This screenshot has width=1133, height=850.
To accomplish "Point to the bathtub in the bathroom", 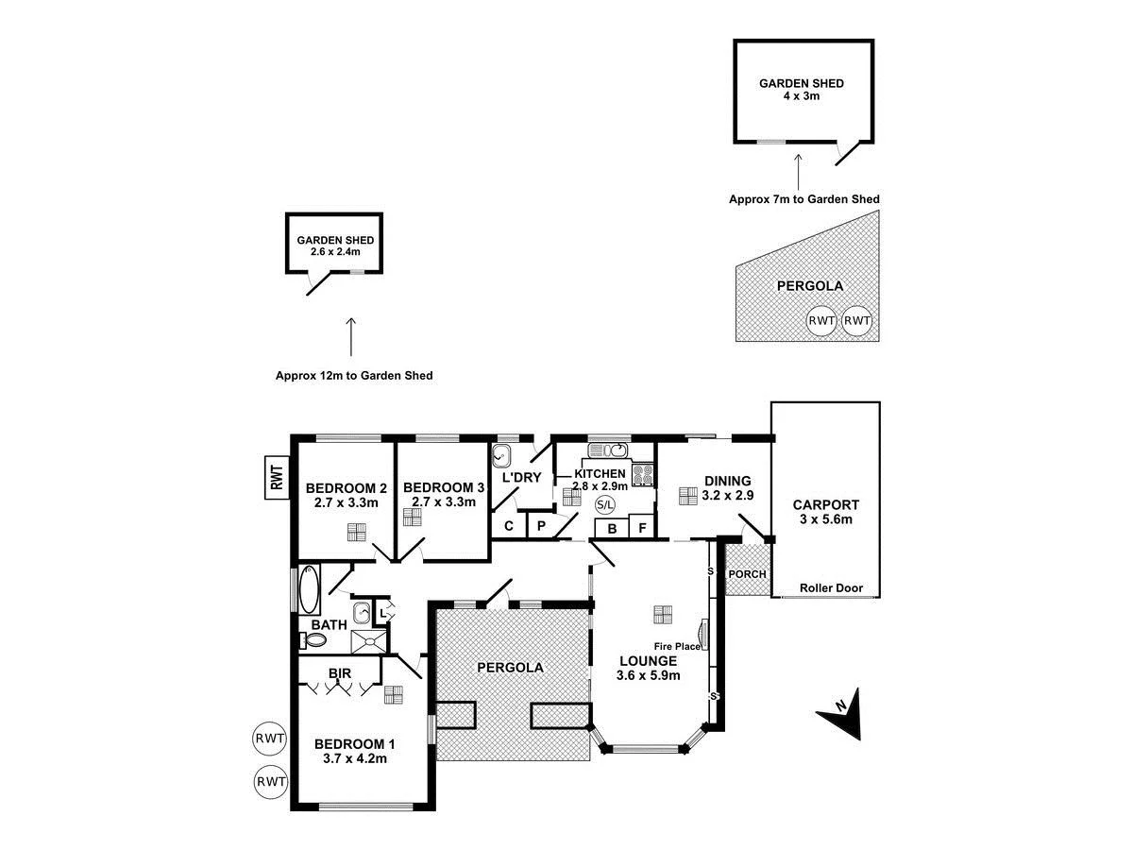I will (x=310, y=590).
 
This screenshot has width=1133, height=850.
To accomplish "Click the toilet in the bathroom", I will (x=314, y=640).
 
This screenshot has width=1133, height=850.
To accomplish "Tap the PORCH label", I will (x=746, y=574).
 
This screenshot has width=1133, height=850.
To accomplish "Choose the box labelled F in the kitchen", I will (x=642, y=529).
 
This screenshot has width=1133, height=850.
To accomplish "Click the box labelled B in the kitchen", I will (x=612, y=529).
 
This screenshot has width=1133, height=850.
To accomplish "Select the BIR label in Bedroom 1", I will (x=339, y=674).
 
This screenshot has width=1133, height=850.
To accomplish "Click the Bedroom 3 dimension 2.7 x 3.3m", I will (x=443, y=501).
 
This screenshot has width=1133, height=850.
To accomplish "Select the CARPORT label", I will (x=825, y=504).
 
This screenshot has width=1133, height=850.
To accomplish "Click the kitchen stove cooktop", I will (x=643, y=474).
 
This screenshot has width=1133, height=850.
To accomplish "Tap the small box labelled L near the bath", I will (x=382, y=613).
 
